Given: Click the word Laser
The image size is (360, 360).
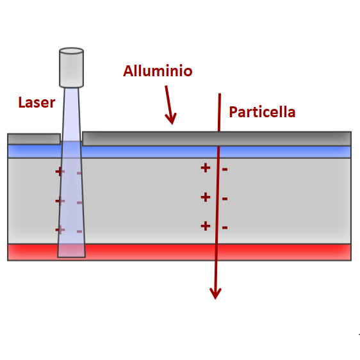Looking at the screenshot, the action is coord(37,102).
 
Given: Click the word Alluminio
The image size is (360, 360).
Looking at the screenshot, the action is coord(158,70).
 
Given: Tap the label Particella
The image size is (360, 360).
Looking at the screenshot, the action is coord(262,112).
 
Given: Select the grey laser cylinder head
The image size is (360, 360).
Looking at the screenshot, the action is coord(71,68).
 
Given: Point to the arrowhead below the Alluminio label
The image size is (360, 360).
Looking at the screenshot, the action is coord(171,119).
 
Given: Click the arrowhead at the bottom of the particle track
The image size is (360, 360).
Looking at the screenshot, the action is coord(215,293).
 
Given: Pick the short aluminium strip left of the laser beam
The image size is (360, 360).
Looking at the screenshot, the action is coord(34,139).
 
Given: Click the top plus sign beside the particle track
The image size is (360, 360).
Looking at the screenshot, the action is coord(206,168).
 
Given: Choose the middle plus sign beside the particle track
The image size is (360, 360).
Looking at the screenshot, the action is coord(206,197).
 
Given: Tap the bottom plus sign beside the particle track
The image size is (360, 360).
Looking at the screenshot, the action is coord(206,226).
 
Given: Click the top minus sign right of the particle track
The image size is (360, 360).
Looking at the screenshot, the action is coord(225,170).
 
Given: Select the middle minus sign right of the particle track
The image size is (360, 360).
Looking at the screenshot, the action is coord(225,199).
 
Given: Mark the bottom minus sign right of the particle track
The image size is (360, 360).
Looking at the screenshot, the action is coord(225,227).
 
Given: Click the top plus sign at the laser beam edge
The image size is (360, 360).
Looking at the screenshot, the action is coord(60,171).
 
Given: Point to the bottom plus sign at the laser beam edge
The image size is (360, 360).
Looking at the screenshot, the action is coord(60,229).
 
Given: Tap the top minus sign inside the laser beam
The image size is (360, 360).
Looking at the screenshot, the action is coord(79,173).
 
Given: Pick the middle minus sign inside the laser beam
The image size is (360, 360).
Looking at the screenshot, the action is coord(79,202).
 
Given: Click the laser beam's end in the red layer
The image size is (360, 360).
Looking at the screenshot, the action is coord(71,257).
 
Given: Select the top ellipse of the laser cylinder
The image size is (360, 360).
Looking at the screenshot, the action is coord(71,51).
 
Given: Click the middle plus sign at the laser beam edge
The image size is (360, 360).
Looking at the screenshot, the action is coord(60,201).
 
